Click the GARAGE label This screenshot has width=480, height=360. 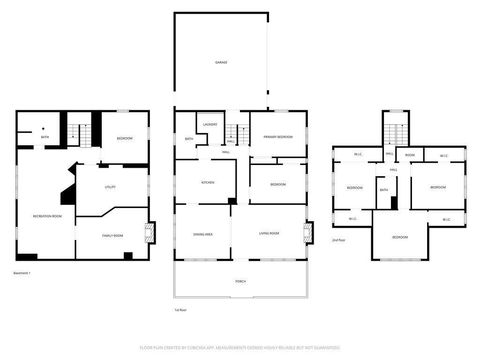(x=220, y=62)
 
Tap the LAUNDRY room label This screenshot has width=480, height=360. (x=210, y=124)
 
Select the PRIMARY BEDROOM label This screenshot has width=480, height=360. (x=277, y=136)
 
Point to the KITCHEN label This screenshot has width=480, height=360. (x=208, y=183)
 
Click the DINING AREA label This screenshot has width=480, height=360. (x=202, y=234)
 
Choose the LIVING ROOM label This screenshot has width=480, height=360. (x=268, y=234)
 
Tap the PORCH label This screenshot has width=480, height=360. (x=240, y=281)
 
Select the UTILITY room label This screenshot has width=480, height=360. (x=110, y=186)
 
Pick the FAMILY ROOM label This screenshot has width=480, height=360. (x=112, y=235)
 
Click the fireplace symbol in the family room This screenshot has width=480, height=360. (x=150, y=234)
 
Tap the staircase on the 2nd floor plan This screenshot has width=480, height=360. (x=397, y=130)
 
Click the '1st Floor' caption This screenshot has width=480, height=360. (x=181, y=310)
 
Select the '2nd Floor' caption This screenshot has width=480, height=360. (x=339, y=240)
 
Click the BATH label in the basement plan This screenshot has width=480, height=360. (x=45, y=137)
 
